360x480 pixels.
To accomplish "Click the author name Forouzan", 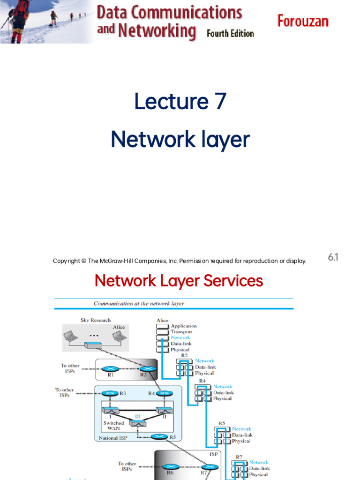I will (302, 21).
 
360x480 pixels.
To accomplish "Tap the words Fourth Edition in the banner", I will (230, 34).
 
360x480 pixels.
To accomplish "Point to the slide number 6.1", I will (333, 257).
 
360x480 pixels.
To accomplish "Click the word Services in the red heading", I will (232, 281).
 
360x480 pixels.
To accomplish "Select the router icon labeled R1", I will (111, 368).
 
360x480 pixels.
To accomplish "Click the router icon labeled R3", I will (110, 393).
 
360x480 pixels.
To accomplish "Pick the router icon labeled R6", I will (170, 467).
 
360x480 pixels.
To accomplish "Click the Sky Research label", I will (96, 320).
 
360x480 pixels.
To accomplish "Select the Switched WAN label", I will (113, 426).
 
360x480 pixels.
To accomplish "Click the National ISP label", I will (113, 439).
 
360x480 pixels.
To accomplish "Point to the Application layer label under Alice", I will (183, 326).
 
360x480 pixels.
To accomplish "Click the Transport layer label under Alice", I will (181, 332).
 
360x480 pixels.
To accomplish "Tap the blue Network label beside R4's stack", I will (223, 387).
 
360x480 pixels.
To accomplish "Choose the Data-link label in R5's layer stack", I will (241, 435).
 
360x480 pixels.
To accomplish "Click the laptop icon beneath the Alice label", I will (119, 336).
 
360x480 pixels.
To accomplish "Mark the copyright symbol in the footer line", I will (83, 261).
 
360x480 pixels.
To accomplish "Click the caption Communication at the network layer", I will (139, 304).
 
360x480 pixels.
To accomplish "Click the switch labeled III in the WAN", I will (138, 423).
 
